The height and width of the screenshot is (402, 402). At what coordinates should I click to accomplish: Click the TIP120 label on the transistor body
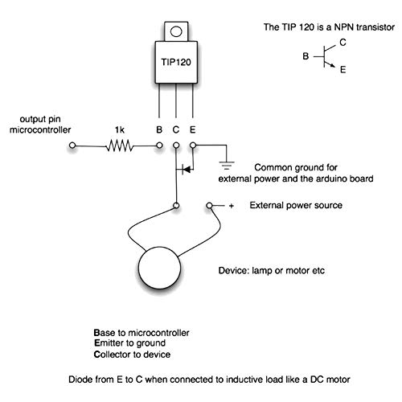[176, 62]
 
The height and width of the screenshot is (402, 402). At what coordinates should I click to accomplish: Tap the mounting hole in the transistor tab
[176, 31]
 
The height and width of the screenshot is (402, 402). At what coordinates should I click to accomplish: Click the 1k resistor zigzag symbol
[120, 146]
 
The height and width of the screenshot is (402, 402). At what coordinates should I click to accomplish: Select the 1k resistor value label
[120, 130]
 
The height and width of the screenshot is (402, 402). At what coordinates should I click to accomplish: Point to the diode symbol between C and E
[187, 169]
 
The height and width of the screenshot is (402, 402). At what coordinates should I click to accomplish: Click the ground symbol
[227, 166]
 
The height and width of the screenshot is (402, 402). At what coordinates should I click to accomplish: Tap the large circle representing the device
[159, 268]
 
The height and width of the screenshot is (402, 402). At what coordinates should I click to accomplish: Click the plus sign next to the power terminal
[232, 206]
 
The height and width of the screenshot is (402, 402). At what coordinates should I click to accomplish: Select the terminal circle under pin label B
[159, 146]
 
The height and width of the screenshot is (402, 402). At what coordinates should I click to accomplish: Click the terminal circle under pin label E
[193, 146]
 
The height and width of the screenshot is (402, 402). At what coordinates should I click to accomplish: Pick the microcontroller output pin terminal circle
[72, 146]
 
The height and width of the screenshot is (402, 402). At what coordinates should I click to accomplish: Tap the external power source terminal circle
[210, 206]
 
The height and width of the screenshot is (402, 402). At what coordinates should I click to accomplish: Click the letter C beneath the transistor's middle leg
[176, 129]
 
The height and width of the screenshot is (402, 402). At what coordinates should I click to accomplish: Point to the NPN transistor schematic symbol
[324, 56]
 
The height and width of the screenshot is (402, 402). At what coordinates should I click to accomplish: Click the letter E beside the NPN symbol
[343, 70]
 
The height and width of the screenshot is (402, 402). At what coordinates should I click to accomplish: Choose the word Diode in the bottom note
[78, 379]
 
